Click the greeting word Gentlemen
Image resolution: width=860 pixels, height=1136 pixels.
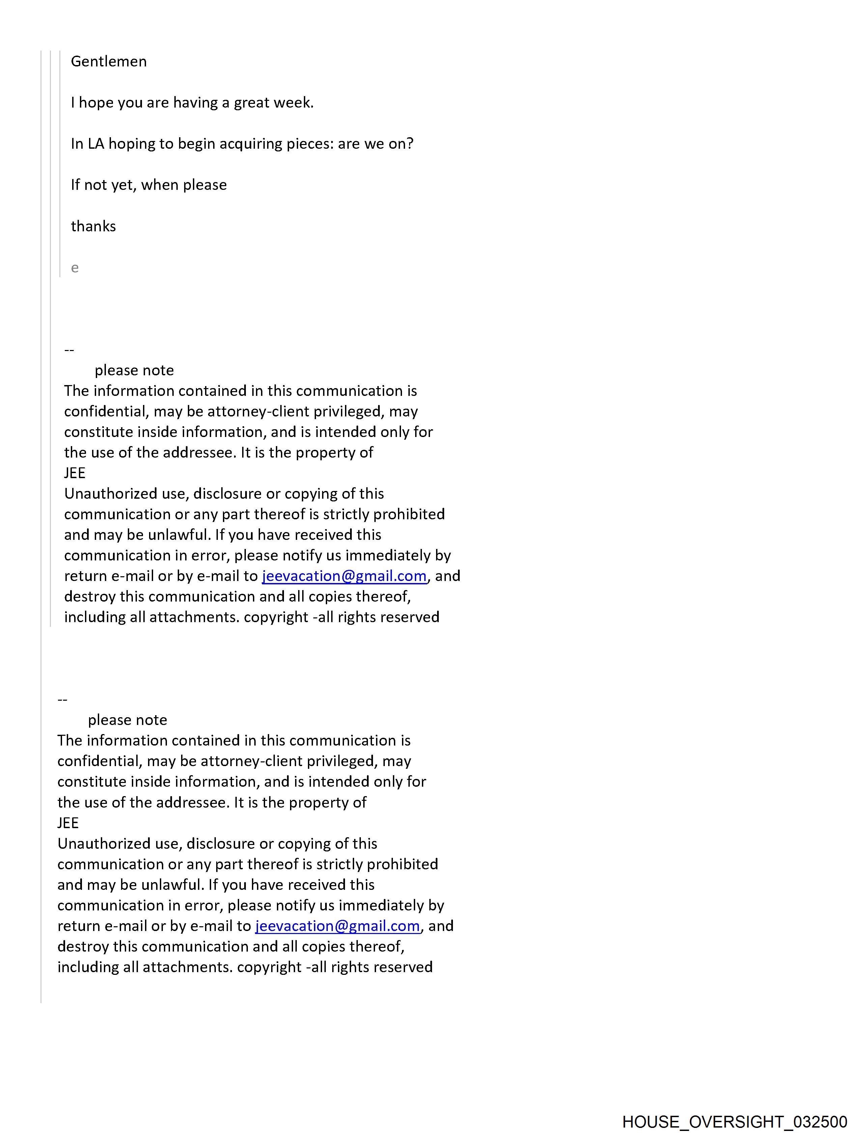click(x=108, y=62)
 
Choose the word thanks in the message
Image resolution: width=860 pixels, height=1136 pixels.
click(x=93, y=227)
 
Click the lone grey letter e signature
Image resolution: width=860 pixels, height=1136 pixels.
click(x=75, y=268)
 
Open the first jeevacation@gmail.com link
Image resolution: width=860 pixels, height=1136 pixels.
click(x=344, y=576)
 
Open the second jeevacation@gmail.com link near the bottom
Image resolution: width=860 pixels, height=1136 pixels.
click(x=338, y=926)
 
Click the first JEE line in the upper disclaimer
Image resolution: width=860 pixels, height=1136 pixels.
click(x=75, y=473)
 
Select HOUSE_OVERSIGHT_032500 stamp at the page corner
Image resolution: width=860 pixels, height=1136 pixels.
click(x=735, y=1122)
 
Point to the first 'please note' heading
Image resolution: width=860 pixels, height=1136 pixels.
click(x=134, y=370)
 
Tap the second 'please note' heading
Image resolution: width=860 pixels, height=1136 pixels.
click(x=127, y=720)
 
